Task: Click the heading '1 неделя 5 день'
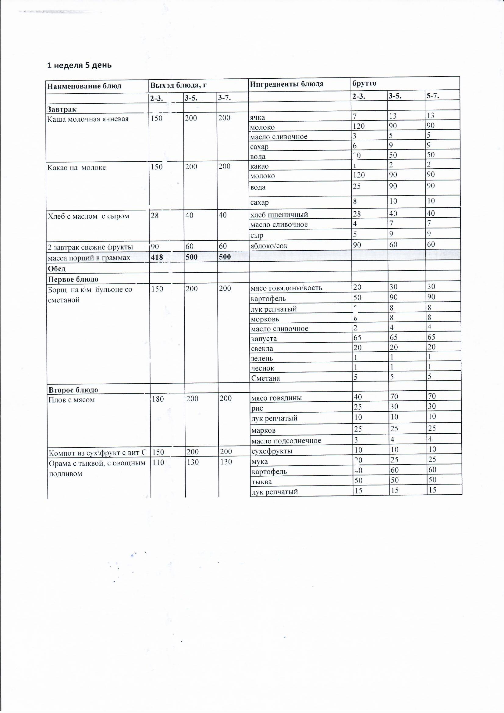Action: pyautogui.click(x=79, y=65)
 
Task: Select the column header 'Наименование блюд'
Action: pyautogui.click(x=84, y=86)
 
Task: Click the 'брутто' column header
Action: pyautogui.click(x=364, y=83)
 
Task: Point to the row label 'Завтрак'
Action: pyautogui.click(x=62, y=109)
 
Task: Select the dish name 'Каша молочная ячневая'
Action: pyautogui.click(x=88, y=119)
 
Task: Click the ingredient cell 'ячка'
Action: pyautogui.click(x=257, y=117)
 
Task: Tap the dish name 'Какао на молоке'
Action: pyautogui.click(x=77, y=167)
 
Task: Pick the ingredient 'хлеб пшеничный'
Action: pyautogui.click(x=279, y=214)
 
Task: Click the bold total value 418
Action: pyautogui.click(x=156, y=257)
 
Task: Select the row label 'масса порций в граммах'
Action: pyautogui.click(x=89, y=258)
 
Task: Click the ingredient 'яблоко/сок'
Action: pyautogui.click(x=269, y=245)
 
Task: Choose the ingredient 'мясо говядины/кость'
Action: pyautogui.click(x=286, y=288)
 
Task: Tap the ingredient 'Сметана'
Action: pyautogui.click(x=265, y=378)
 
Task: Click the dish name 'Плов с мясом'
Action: pyautogui.click(x=72, y=400)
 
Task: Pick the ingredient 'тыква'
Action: pyautogui.click(x=262, y=482)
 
